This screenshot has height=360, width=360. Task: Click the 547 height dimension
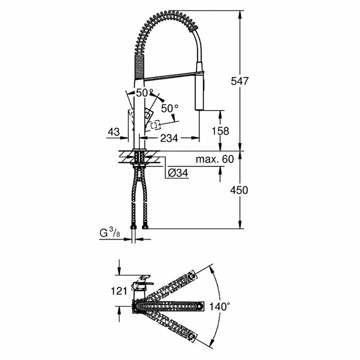tap(239, 81)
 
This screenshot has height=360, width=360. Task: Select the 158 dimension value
tap(221, 131)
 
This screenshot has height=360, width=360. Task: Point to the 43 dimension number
tap(114, 132)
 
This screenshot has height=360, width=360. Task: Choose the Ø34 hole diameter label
tap(178, 173)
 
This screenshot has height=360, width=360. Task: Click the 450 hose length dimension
tap(239, 190)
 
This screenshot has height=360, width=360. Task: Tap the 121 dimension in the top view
tap(119, 291)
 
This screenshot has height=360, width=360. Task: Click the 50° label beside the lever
tap(170, 109)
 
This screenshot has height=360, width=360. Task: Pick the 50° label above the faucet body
tap(145, 93)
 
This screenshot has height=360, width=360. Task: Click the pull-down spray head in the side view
tap(201, 90)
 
